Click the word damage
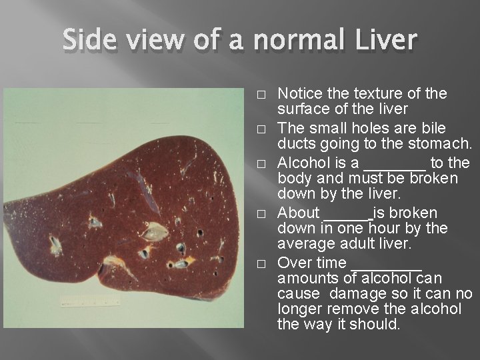click(x=354, y=294)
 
